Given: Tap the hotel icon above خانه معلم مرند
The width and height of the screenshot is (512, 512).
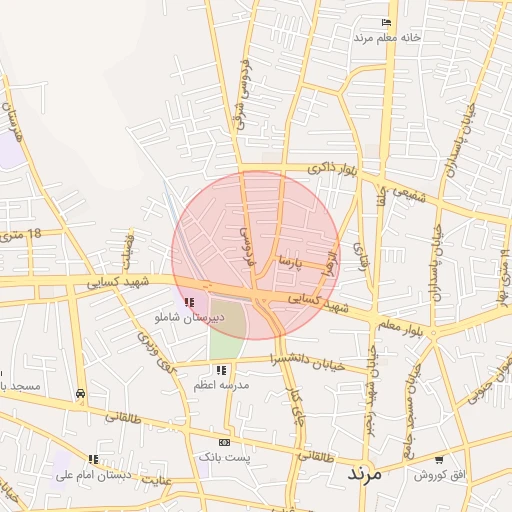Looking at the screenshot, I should tap(387, 23).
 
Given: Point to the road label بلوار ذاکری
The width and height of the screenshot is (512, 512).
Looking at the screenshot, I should tap(331, 170).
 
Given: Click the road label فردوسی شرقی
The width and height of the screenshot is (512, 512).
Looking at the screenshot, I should tap(240, 88).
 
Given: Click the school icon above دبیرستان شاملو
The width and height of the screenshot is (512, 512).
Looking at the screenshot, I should tap(189, 302).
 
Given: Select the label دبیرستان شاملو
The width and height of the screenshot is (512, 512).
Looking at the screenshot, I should tap(189, 316).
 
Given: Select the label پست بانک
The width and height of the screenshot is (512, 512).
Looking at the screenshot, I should tap(223, 456).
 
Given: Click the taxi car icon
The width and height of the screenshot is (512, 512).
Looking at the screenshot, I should tap(79, 393).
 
